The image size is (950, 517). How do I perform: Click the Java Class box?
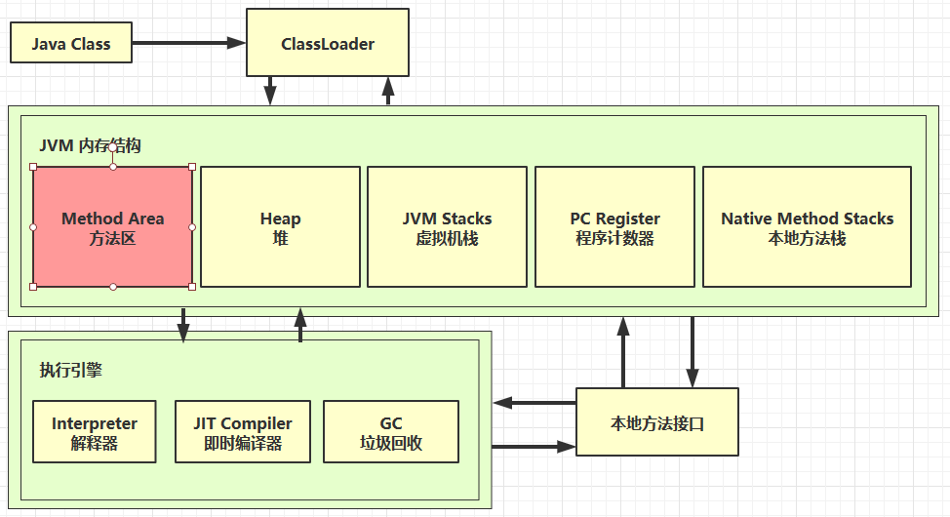(x=70, y=44)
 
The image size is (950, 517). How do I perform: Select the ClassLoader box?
(x=327, y=44)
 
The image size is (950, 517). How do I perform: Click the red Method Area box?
(x=112, y=227)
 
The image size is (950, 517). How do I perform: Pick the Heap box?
(x=280, y=227)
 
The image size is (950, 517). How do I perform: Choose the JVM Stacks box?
(x=447, y=227)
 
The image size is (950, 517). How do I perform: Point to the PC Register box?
(x=614, y=227)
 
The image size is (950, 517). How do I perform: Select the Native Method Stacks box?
(x=807, y=227)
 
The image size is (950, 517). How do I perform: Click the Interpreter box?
(x=94, y=432)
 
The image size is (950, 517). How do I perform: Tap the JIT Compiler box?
(x=243, y=432)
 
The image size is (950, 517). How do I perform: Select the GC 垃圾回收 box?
(x=390, y=432)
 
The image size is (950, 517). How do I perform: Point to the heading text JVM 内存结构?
(x=90, y=146)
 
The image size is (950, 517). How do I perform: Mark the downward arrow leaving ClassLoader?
(x=270, y=92)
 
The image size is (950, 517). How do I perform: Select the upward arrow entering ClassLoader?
(x=388, y=92)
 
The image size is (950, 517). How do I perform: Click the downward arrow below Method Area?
(x=183, y=325)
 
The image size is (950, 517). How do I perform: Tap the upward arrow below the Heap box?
(x=300, y=325)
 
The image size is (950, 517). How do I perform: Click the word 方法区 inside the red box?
(x=112, y=238)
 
